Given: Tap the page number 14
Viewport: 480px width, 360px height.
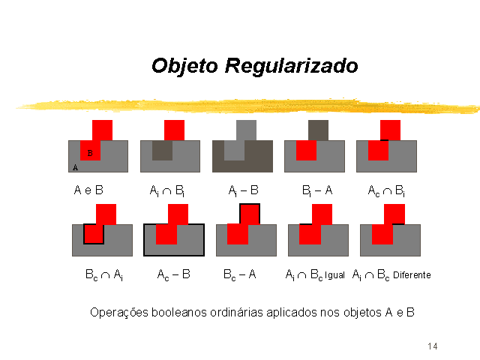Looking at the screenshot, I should [x=433, y=346].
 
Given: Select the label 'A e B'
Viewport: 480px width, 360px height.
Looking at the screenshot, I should [x=88, y=190].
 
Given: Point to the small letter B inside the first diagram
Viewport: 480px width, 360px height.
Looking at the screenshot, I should [x=90, y=153].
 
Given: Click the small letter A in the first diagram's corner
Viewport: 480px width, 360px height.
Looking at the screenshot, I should [x=75, y=168].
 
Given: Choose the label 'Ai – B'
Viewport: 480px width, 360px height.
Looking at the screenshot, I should [x=244, y=191].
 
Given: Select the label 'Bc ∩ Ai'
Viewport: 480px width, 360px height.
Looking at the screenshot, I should [x=103, y=275].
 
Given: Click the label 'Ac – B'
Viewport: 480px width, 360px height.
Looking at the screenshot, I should [x=173, y=275].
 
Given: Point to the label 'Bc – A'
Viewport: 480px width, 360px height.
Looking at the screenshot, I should [x=239, y=275].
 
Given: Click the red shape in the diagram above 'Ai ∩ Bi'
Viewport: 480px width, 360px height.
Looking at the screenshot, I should [x=174, y=130].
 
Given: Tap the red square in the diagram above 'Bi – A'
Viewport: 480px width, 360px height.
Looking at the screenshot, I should [x=306, y=150].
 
